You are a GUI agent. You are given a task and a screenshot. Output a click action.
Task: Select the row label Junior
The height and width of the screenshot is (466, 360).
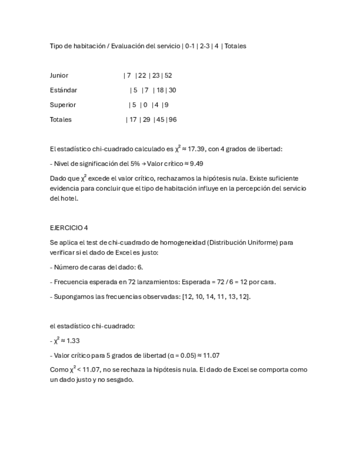pyautogui.click(x=59, y=75)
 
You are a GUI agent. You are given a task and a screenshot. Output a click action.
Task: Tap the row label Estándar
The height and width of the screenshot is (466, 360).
pyautogui.click(x=63, y=90)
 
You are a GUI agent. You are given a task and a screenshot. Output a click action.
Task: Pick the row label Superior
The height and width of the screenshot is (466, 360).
pyautogui.click(x=63, y=105)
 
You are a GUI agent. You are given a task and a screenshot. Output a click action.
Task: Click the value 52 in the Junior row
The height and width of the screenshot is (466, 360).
pyautogui.click(x=168, y=75)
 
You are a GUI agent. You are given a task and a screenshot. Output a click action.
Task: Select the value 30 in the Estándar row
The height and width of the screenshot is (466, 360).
pyautogui.click(x=172, y=90)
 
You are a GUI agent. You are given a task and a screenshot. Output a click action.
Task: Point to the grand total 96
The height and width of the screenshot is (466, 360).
pyautogui.click(x=173, y=120)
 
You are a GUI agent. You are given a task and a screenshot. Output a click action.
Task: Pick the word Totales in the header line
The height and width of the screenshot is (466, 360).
pyautogui.click(x=235, y=46)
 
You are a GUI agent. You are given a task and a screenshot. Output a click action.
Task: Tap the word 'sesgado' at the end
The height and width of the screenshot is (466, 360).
pyautogui.click(x=121, y=380)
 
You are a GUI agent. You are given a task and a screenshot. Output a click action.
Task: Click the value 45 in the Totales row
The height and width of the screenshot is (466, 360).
pyautogui.click(x=161, y=120)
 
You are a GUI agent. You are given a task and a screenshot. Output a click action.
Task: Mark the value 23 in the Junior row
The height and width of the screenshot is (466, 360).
pyautogui.click(x=156, y=75)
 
